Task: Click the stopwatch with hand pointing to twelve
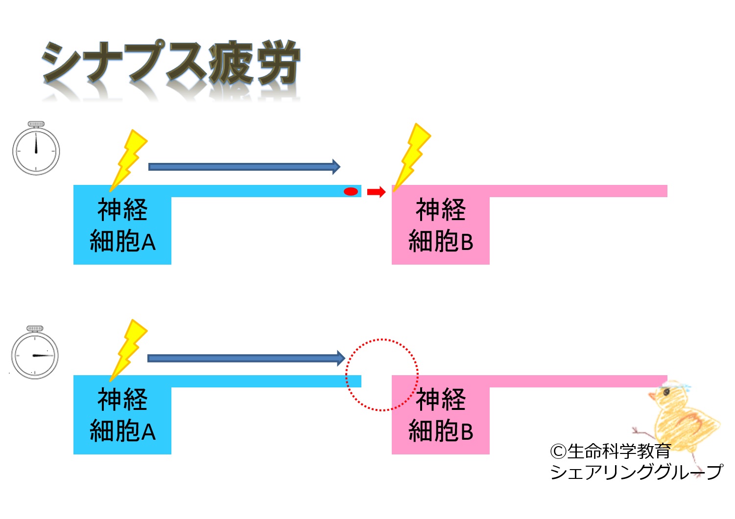36,151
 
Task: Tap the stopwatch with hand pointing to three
35,355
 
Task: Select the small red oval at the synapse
351,191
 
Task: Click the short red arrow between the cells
376,192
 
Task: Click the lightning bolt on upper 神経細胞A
128,159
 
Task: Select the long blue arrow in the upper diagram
244,167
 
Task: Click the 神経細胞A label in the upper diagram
122,225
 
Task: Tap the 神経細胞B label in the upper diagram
441,225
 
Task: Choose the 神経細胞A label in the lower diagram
122,415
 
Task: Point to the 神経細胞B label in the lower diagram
441,415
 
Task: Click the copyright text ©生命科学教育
610,451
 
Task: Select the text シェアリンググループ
636,472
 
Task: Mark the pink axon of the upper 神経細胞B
578,191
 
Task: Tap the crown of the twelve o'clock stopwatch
36,124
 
